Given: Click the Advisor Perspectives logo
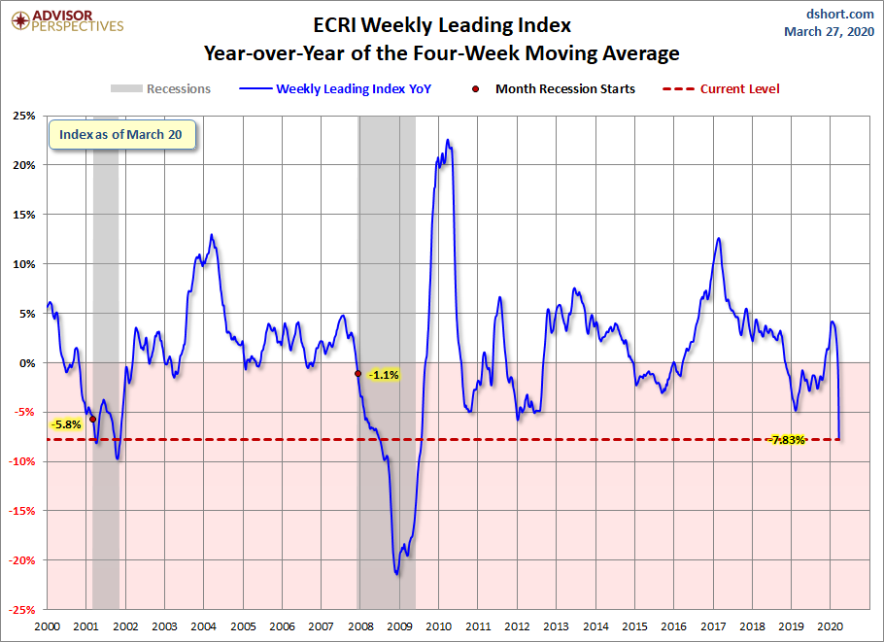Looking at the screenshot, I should coord(65,20).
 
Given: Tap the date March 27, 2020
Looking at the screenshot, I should coord(829,31).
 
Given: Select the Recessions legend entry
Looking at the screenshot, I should coord(160,88).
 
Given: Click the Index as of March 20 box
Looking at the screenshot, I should coord(120,135).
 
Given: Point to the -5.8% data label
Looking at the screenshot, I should coord(67,423).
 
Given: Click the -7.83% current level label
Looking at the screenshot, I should coord(787,440).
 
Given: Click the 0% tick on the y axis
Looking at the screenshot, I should coord(29,362).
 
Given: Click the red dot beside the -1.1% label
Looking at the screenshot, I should coord(358,373).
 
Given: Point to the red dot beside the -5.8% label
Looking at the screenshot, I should coord(92,419).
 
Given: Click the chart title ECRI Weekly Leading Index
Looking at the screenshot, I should coord(441,23).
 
